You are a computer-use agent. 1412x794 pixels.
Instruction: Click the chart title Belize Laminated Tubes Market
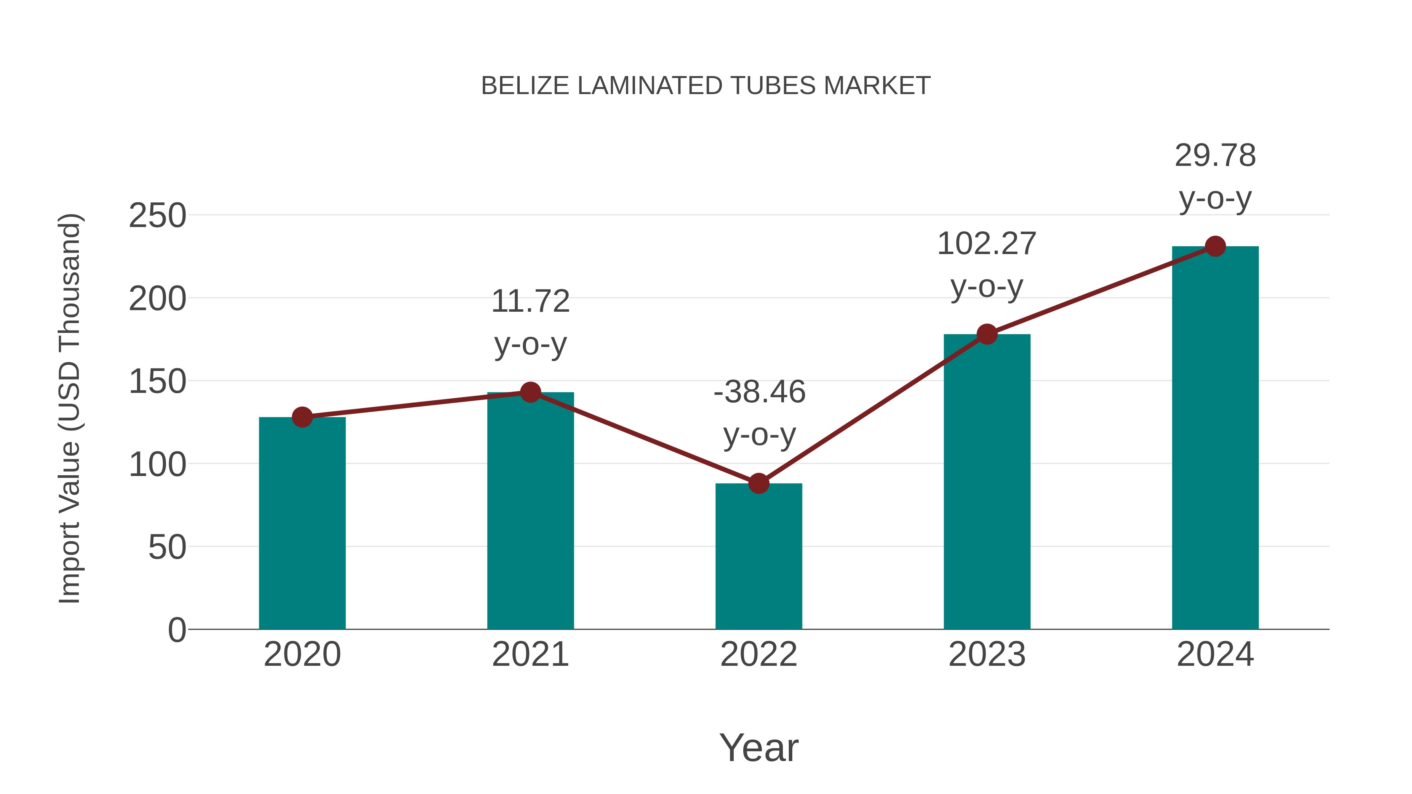pyautogui.click(x=706, y=86)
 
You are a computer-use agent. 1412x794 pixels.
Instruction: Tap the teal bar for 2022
pyautogui.click(x=759, y=556)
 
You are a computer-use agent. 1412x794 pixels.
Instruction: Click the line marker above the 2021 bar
pyautogui.click(x=530, y=392)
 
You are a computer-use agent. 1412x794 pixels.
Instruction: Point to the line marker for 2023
pyautogui.click(x=987, y=334)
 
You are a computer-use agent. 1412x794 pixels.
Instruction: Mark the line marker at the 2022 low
pyautogui.click(x=759, y=483)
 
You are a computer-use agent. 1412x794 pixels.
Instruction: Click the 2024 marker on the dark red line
pyautogui.click(x=1215, y=247)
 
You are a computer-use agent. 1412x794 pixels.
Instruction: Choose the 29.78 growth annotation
pyautogui.click(x=1215, y=176)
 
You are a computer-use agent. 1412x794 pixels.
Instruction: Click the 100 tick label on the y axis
pyautogui.click(x=157, y=465)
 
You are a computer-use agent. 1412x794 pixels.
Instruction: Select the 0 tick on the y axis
pyautogui.click(x=176, y=630)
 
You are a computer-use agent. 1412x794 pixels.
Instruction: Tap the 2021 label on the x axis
pyautogui.click(x=530, y=655)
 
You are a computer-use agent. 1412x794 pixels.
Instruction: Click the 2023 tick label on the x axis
pyautogui.click(x=987, y=655)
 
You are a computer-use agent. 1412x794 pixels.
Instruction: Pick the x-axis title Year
pyautogui.click(x=759, y=747)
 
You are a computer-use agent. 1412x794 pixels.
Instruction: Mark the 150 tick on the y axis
pyautogui.click(x=157, y=382)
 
